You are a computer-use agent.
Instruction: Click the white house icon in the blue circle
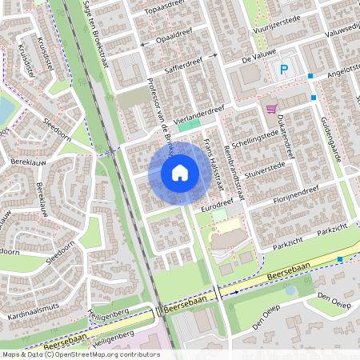click(x=180, y=172)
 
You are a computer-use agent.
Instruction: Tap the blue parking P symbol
click(x=283, y=70)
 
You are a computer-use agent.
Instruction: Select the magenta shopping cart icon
click(x=272, y=109)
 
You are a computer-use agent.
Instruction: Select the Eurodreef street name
click(x=218, y=207)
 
